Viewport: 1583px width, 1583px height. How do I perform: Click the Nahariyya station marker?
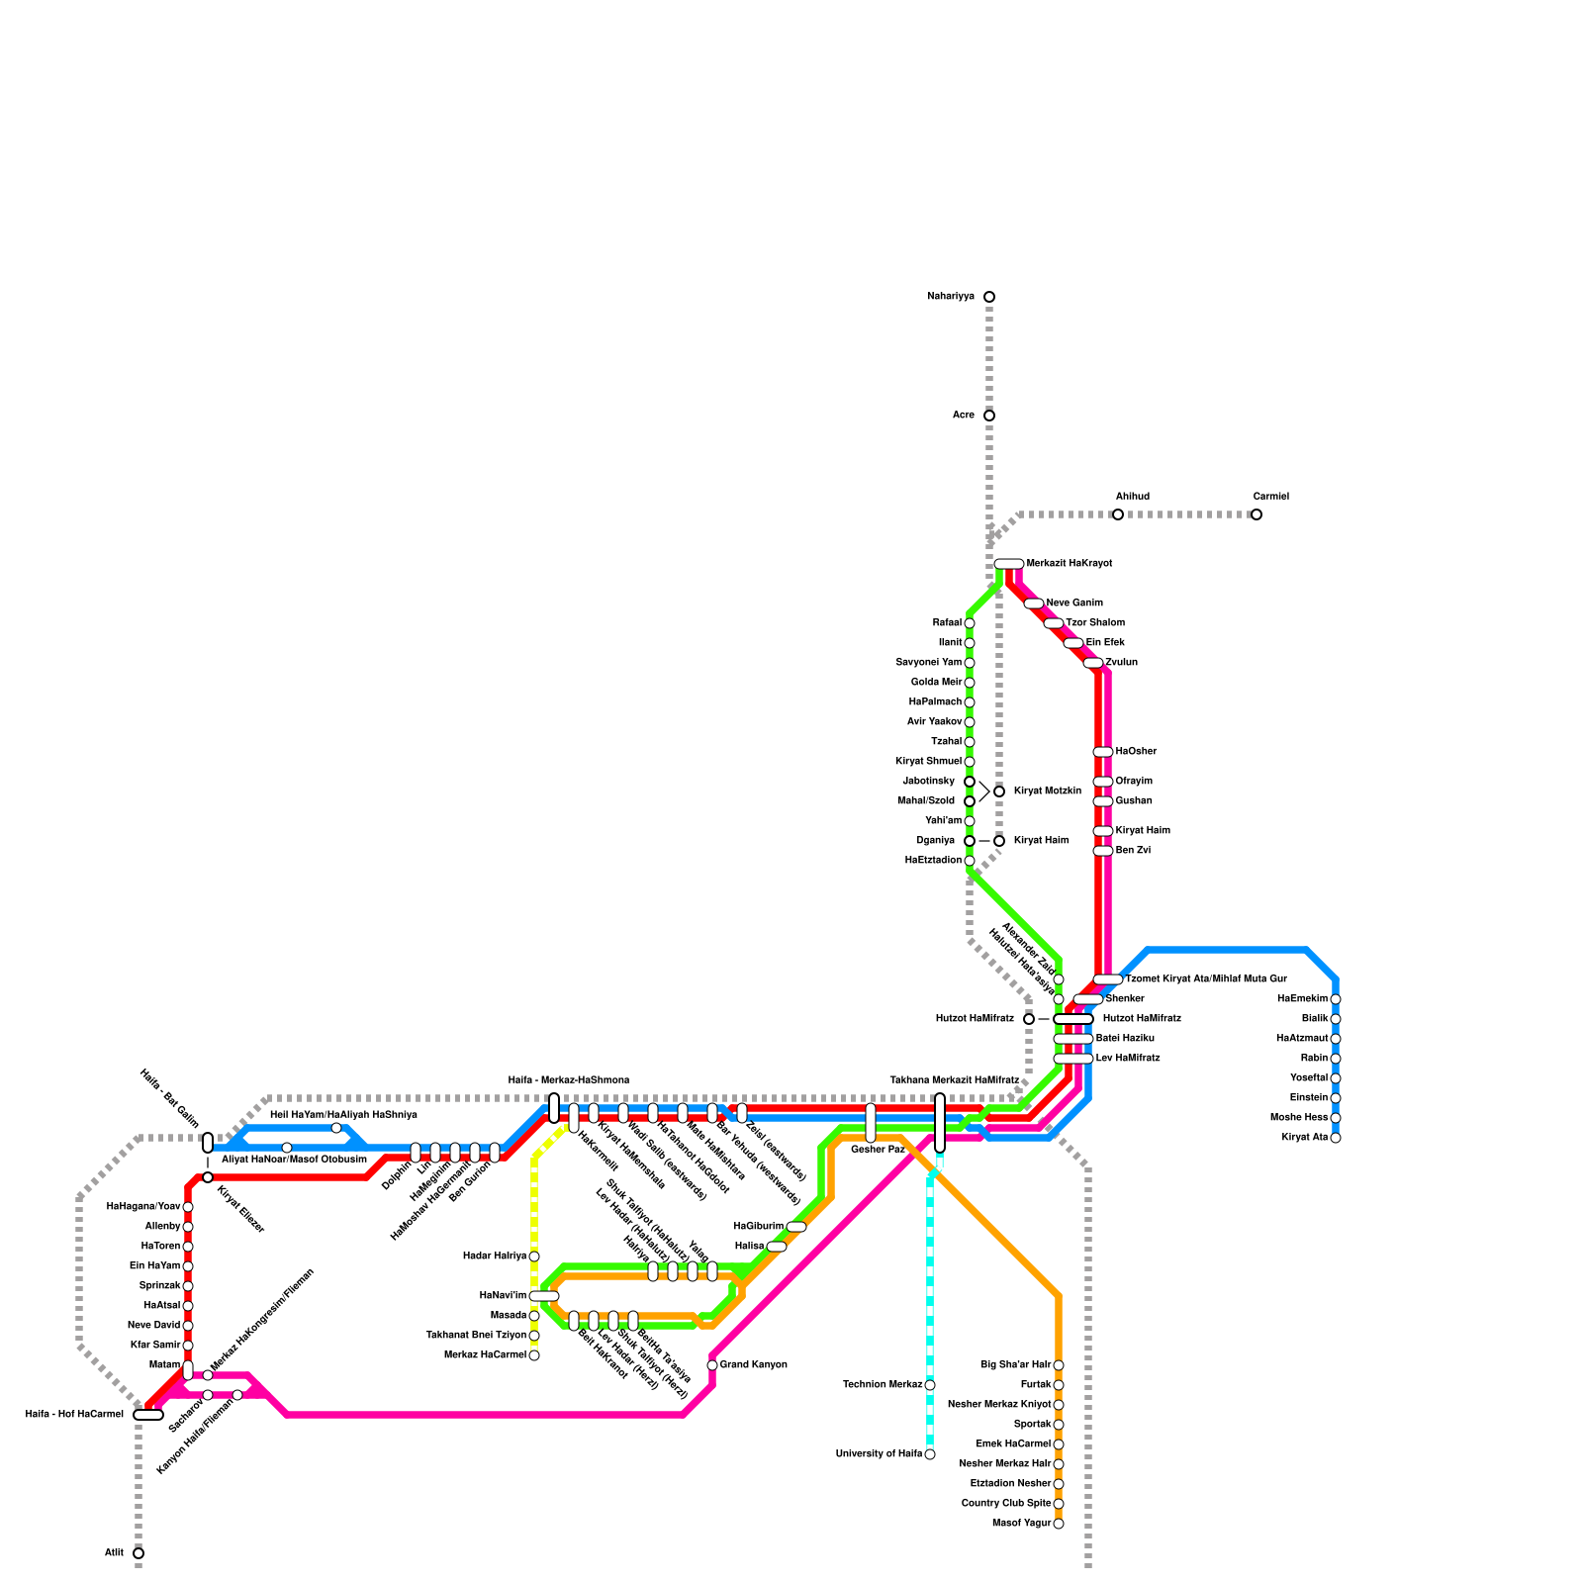click(x=988, y=297)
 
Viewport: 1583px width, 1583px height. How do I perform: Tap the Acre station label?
click(x=964, y=416)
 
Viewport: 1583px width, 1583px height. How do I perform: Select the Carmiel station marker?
click(x=1256, y=514)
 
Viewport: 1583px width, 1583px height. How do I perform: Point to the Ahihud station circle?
click(x=1117, y=514)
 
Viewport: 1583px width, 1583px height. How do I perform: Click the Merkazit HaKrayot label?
click(x=1070, y=564)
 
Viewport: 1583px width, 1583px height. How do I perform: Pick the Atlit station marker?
click(x=139, y=1553)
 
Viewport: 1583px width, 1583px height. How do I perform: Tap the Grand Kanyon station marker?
click(x=712, y=1365)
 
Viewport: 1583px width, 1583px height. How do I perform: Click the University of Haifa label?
click(x=879, y=1454)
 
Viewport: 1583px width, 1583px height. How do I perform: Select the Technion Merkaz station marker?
click(x=930, y=1385)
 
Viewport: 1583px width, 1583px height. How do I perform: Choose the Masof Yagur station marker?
click(x=1059, y=1524)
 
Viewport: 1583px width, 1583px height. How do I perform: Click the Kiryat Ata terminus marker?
click(x=1336, y=1138)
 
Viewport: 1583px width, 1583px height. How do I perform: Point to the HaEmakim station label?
click(x=1302, y=999)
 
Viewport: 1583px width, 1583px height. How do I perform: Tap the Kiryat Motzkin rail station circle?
click(x=999, y=791)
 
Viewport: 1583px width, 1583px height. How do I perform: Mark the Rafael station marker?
click(x=970, y=623)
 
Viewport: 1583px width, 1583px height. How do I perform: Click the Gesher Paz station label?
click(x=878, y=1150)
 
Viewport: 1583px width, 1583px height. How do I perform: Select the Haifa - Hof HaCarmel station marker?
click(x=148, y=1415)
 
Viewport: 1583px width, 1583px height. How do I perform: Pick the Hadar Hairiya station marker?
click(x=534, y=1257)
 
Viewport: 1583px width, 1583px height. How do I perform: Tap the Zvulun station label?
click(x=1121, y=663)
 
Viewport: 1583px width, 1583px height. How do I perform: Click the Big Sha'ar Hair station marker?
click(x=1059, y=1365)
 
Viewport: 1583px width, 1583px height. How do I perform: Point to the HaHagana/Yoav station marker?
click(x=188, y=1207)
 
